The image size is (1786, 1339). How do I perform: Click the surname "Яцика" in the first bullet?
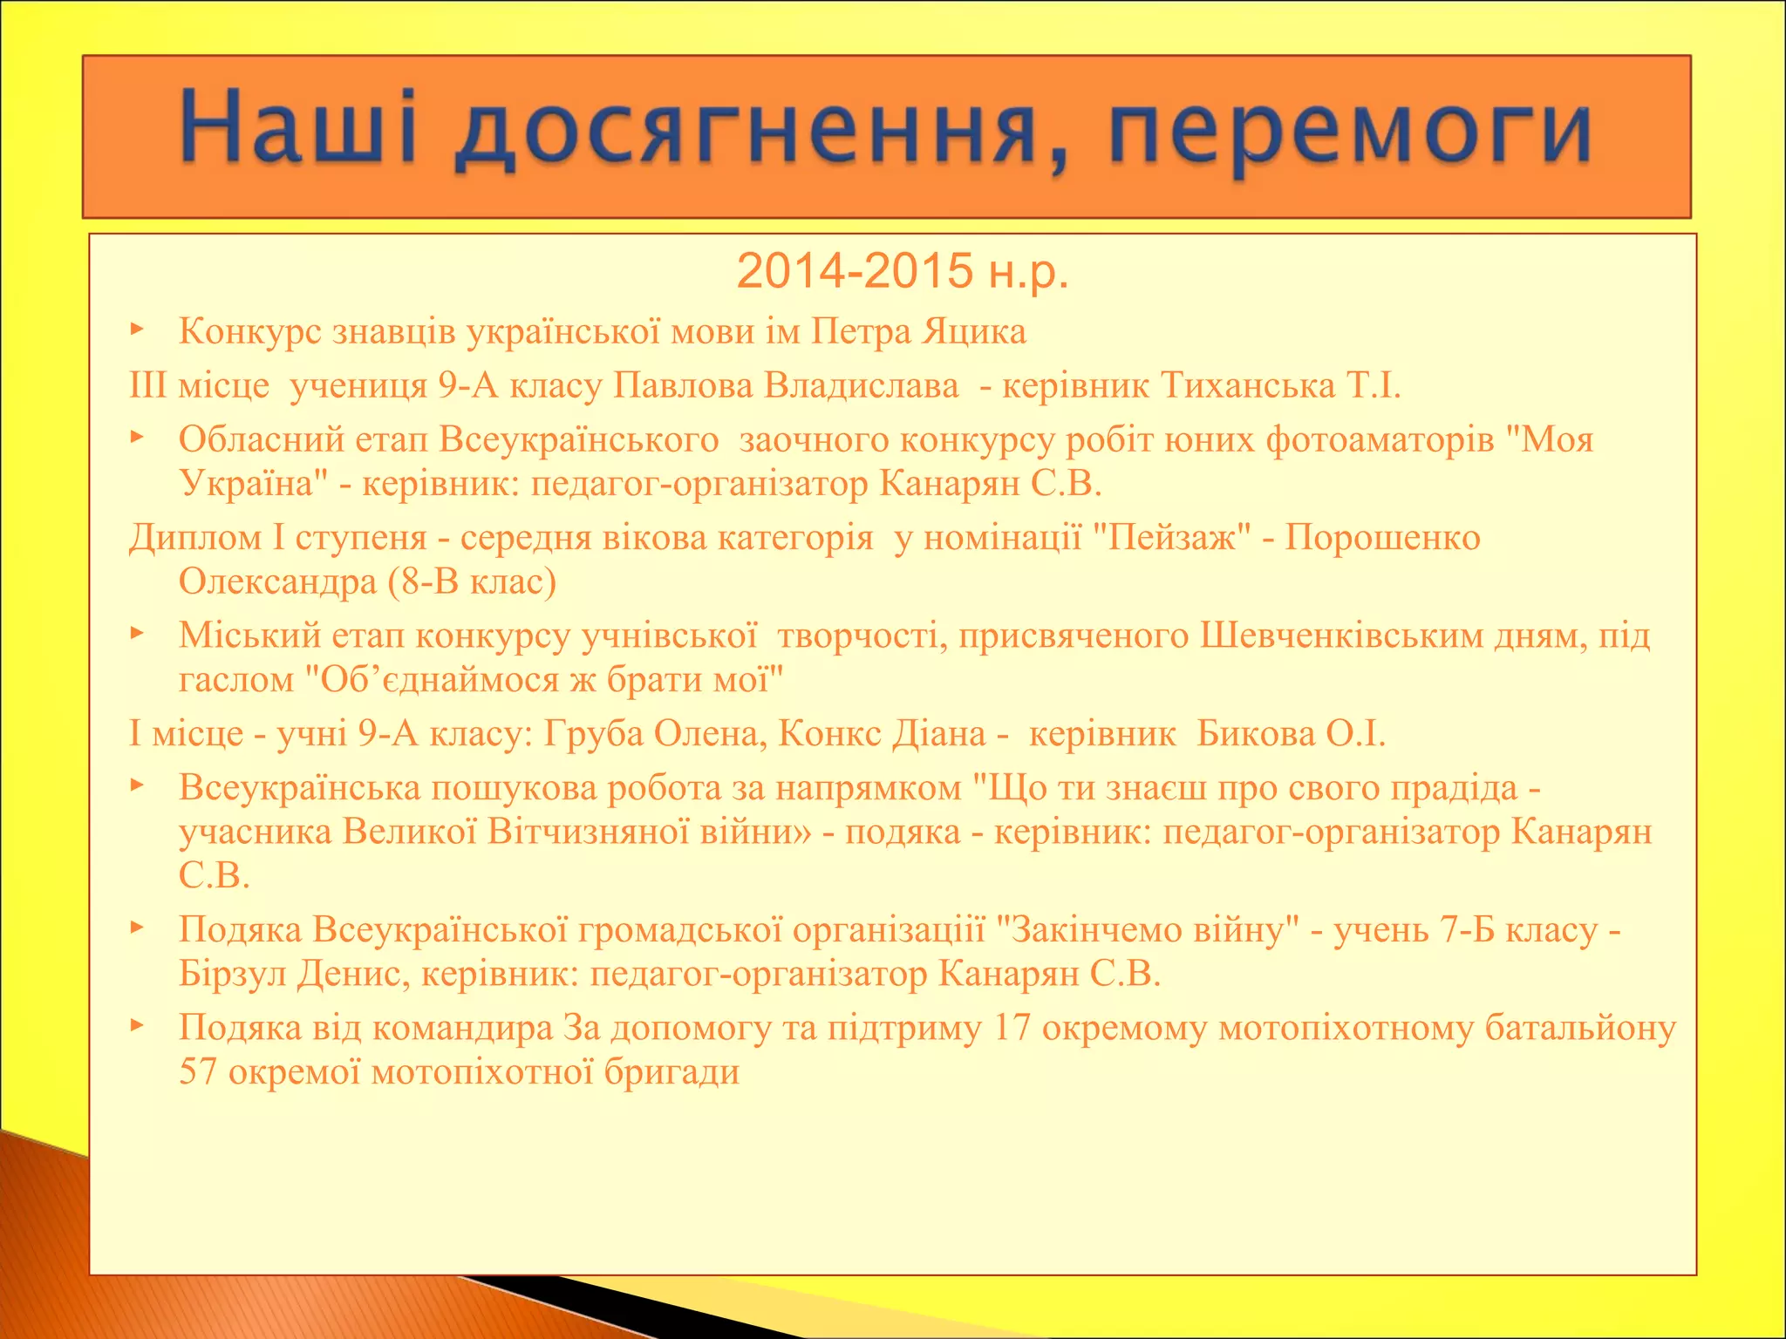(x=974, y=331)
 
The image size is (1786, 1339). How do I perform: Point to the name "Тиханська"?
(x=1248, y=385)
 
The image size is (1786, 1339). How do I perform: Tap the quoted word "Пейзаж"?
(x=1172, y=538)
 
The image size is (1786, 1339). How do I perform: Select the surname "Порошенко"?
(x=1382, y=538)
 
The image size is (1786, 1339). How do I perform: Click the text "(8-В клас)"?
(x=474, y=581)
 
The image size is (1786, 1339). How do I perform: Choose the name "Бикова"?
(x=1255, y=733)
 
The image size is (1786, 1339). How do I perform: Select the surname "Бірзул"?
(x=232, y=973)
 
